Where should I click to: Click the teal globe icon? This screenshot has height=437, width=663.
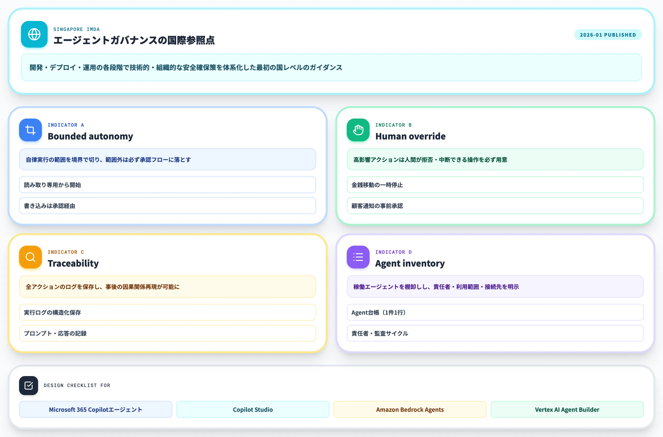pos(34,34)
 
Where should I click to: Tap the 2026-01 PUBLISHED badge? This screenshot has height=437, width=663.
pos(608,35)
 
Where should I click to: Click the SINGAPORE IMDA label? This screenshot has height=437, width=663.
pos(76,29)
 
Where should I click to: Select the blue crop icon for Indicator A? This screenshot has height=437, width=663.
pos(30,130)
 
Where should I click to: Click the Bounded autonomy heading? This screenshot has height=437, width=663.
pos(90,136)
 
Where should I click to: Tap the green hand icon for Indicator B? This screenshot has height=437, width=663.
pos(358,130)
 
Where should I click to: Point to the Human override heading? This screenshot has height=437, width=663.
pos(410,136)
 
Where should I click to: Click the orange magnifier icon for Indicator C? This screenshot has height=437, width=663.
pos(30,257)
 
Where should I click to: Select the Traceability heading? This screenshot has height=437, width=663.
pos(73,263)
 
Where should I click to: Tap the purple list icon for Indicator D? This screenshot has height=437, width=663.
pos(358,257)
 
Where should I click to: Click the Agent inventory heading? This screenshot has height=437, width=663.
pos(410,263)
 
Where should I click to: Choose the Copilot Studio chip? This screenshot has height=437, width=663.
pos(253,409)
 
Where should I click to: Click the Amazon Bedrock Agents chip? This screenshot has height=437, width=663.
pos(410,409)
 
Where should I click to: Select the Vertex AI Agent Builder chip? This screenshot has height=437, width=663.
pos(567,409)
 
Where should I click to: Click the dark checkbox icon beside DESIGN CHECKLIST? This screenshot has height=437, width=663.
pos(28,385)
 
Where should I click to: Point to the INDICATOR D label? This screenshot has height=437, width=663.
pos(393,252)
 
